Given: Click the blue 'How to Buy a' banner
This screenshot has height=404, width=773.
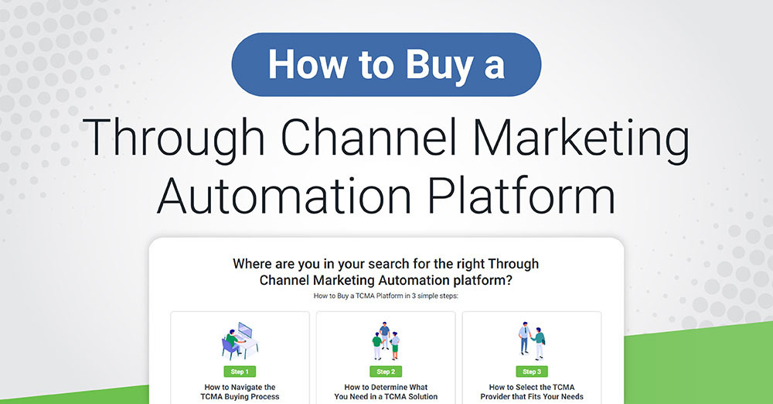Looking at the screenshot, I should coord(386,64).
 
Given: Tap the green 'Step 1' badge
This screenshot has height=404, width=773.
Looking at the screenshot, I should coord(240,371).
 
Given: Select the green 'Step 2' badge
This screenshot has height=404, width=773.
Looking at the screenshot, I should coord(385,371).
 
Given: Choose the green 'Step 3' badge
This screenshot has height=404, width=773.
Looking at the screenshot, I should coord(531,371).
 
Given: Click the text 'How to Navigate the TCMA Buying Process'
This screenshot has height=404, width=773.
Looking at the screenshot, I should coord(240,392).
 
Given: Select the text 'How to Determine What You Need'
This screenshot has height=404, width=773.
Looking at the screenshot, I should coord(386,392).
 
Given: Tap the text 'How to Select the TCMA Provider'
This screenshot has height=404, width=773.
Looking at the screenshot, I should coord(531,392).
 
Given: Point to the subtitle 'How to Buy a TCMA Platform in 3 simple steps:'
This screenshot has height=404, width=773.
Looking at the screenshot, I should coord(386,296).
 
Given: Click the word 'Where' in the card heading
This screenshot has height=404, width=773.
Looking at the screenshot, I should coord(253,264).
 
